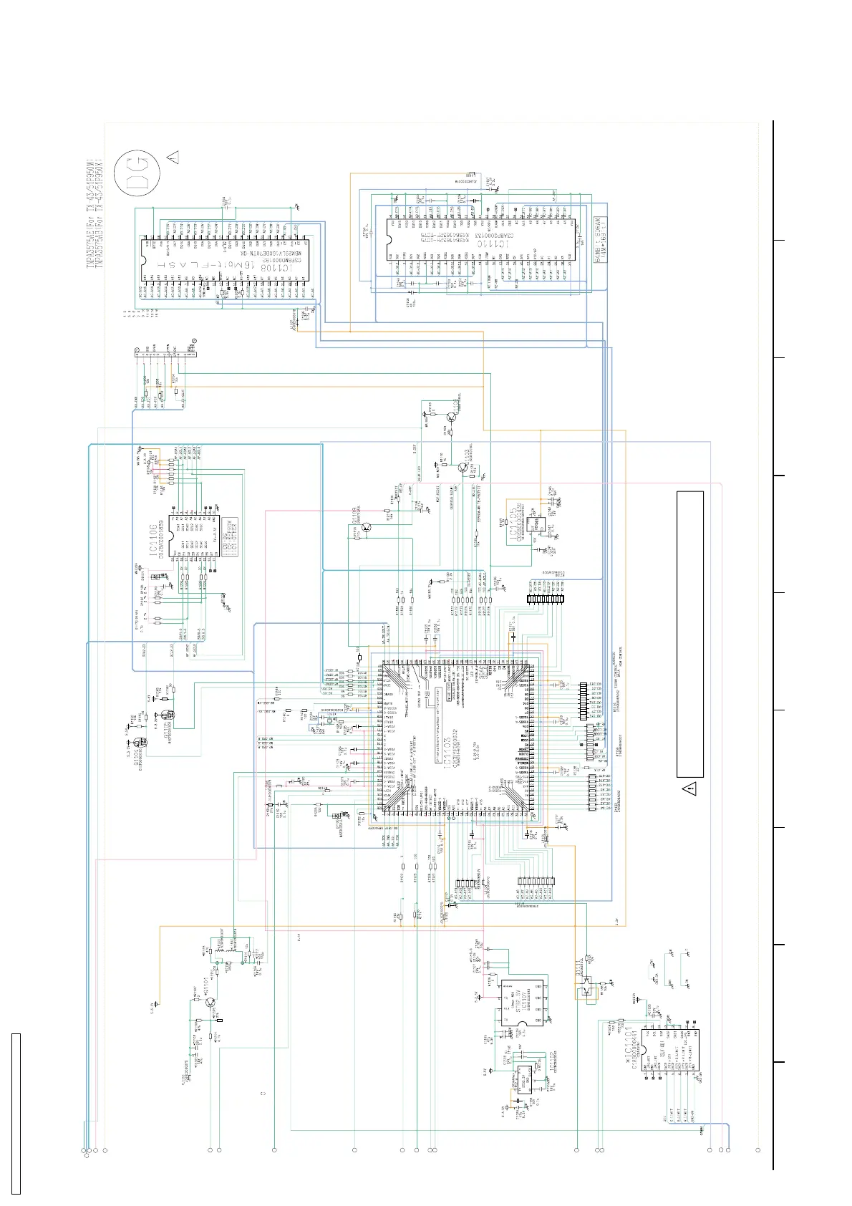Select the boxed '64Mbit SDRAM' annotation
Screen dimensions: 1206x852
coord(601,240)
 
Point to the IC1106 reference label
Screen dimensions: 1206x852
coord(154,540)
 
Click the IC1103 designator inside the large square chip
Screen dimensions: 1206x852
coord(448,745)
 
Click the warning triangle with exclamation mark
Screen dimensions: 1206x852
coord(689,790)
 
